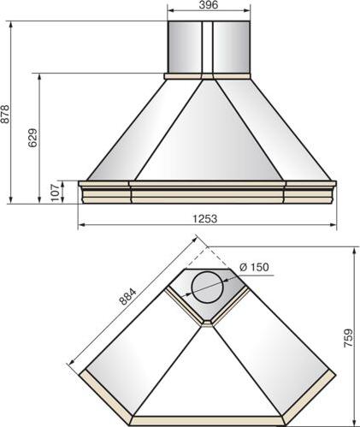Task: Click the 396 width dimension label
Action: click(209, 4)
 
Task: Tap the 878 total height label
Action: click(5, 114)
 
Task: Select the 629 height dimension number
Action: click(32, 138)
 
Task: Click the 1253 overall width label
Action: click(205, 219)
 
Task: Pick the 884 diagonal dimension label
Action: click(127, 297)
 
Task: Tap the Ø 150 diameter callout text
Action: click(254, 267)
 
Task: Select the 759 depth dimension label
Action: click(348, 338)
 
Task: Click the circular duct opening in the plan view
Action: click(207, 288)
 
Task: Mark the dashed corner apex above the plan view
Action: click(208, 247)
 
